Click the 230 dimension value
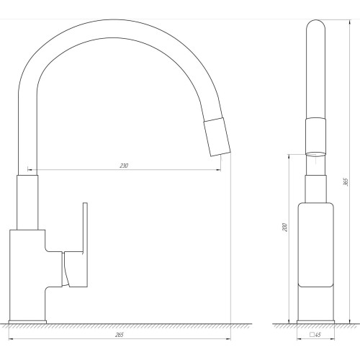click(x=124, y=166)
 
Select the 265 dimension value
click(x=120, y=335)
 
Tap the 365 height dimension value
click(x=346, y=182)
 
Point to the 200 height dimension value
click(x=284, y=227)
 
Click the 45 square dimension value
click(x=318, y=335)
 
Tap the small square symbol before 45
click(x=312, y=334)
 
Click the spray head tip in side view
click(x=217, y=137)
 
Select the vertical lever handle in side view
click(x=85, y=245)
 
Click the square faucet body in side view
click(x=27, y=275)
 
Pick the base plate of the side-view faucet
click(x=27, y=322)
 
